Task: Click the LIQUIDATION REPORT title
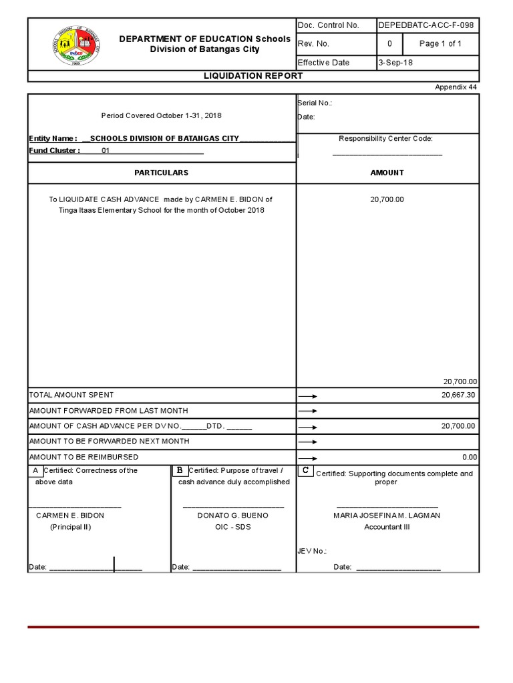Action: point(253,76)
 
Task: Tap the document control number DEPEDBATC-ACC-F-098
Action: point(426,25)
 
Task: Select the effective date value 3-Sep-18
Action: point(395,63)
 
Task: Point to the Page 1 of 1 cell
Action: point(440,44)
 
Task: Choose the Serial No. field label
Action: point(315,103)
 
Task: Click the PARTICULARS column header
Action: point(161,173)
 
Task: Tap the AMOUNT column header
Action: point(387,173)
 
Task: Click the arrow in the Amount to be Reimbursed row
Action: point(307,458)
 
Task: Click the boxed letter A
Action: point(35,471)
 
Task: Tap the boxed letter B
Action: point(180,471)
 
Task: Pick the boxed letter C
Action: point(305,471)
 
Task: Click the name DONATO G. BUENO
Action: point(233,516)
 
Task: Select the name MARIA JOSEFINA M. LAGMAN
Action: point(387,516)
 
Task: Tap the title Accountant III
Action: point(387,527)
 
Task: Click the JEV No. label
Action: point(311,551)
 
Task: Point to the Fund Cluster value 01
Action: point(106,151)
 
